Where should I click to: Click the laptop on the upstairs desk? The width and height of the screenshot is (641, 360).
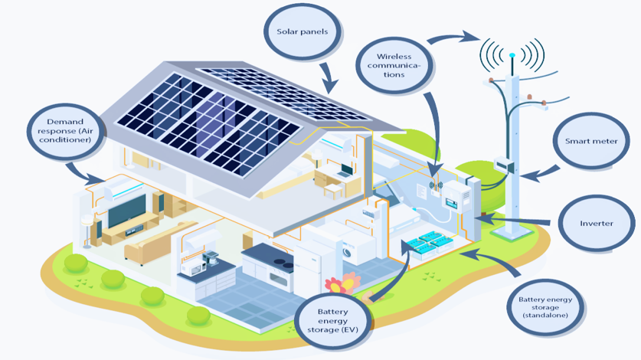point(346,170)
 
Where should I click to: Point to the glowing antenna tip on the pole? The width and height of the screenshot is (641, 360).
point(512,54)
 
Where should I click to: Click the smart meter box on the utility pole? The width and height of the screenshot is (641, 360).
point(503,164)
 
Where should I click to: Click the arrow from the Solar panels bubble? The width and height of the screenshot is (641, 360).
point(329,77)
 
